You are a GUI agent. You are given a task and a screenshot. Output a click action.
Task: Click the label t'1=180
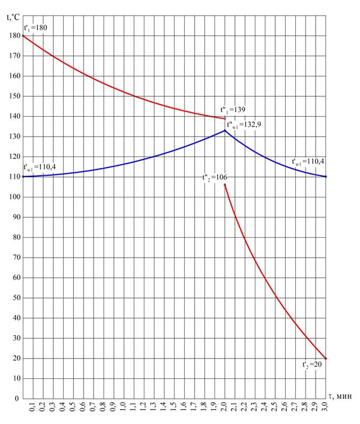pyautogui.click(x=34, y=27)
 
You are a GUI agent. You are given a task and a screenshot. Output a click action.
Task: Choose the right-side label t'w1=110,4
pyautogui.click(x=308, y=162)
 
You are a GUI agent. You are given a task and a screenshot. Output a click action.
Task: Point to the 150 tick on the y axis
pyautogui.click(x=13, y=96)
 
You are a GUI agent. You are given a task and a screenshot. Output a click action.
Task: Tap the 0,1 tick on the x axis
pyautogui.click(x=33, y=406)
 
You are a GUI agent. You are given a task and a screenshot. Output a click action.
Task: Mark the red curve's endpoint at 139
pyautogui.click(x=225, y=119)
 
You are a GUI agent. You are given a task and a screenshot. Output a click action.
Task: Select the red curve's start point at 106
pyautogui.click(x=225, y=185)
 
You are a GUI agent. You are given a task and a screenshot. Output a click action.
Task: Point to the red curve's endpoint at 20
pyautogui.click(x=326, y=359)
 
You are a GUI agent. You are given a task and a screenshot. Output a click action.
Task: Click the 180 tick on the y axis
pyautogui.click(x=13, y=36)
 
